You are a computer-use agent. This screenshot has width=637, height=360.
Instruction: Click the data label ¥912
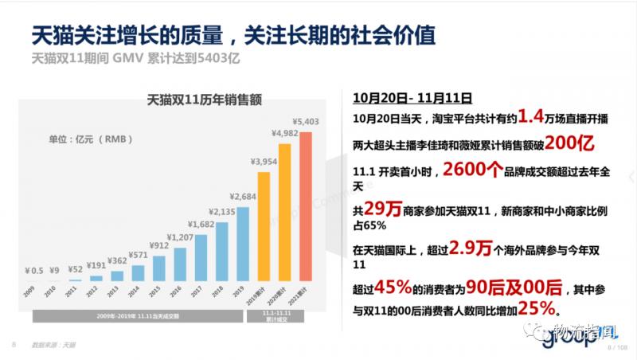158,245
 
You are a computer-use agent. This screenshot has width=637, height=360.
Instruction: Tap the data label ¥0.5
33,271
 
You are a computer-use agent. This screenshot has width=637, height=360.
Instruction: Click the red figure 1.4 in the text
529,118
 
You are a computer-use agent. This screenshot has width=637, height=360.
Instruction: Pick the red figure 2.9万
470,248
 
